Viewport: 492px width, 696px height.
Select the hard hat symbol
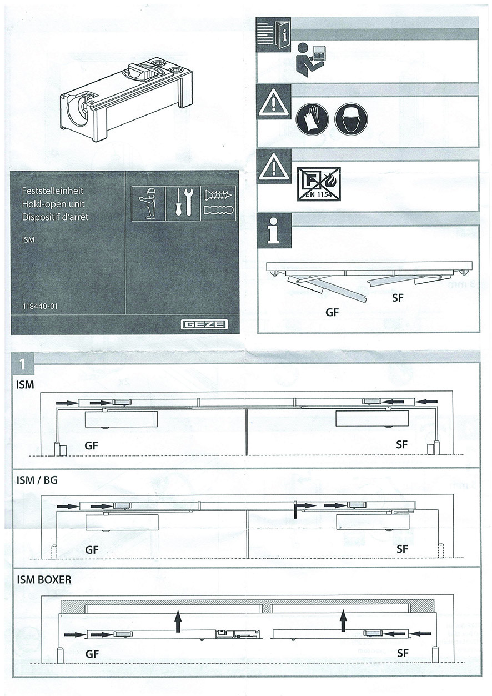tap(348, 118)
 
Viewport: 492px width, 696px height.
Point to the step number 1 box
tap(22, 364)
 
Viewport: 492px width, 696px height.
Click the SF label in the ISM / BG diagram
tap(403, 549)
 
